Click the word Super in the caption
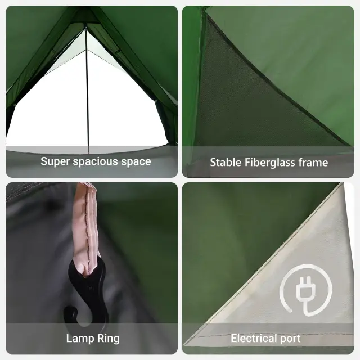pyautogui.click(x=55, y=161)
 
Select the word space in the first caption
pyautogui.click(x=136, y=162)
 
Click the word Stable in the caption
pyautogui.click(x=226, y=163)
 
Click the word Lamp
pyautogui.click(x=80, y=339)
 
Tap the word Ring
pyautogui.click(x=109, y=339)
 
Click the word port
pyautogui.click(x=290, y=339)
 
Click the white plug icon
pyautogui.click(x=306, y=290)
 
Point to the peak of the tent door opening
pyautogui.click(x=86, y=29)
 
